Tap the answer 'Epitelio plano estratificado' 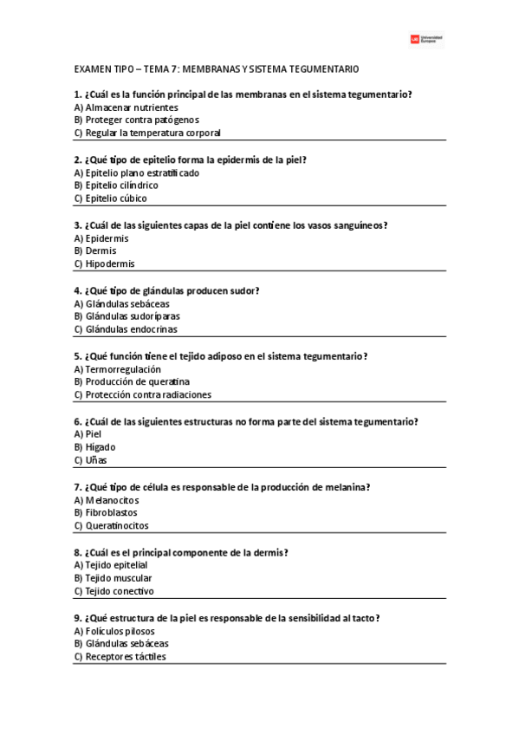(142, 172)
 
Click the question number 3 (78, 225)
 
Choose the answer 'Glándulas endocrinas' (131, 329)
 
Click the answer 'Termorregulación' (124, 368)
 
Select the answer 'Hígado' (101, 446)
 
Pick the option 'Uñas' (96, 460)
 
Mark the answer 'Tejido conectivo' (120, 591)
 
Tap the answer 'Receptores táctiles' (126, 656)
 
